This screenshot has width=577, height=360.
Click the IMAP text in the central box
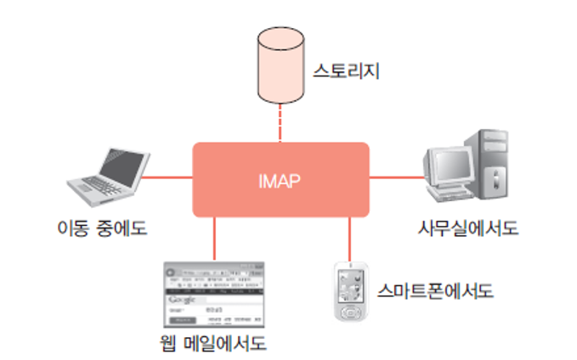pyautogui.click(x=280, y=181)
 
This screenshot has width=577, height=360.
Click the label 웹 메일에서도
pyautogui.click(x=213, y=344)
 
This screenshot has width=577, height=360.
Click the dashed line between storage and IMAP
pyautogui.click(x=279, y=127)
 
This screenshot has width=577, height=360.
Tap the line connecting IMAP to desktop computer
pyautogui.click(x=396, y=178)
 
